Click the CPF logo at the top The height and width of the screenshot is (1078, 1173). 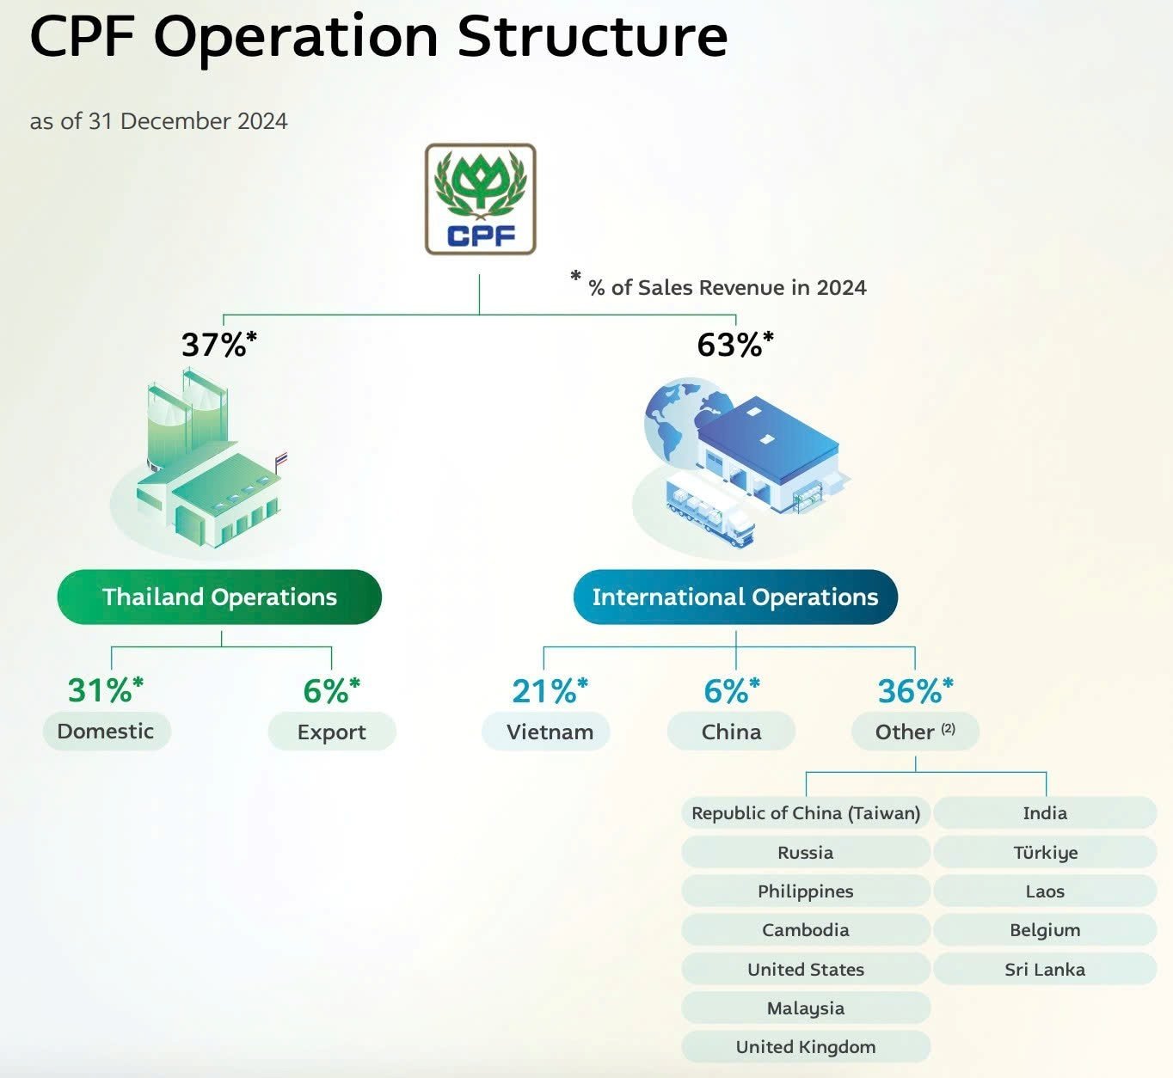click(x=480, y=199)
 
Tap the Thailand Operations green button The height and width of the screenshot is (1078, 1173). click(x=219, y=597)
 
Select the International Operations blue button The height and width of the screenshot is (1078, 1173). click(x=735, y=597)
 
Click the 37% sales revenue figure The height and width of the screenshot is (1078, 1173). click(x=218, y=345)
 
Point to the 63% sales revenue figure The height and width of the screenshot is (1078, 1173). click(x=735, y=345)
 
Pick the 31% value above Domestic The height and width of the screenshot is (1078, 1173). click(x=105, y=689)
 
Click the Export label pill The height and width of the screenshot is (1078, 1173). click(x=332, y=732)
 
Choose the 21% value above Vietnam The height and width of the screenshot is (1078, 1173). click(x=550, y=690)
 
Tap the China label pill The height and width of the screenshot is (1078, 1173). click(x=732, y=732)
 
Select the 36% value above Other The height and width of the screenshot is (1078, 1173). click(x=915, y=690)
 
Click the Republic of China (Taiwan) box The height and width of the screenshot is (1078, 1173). click(x=806, y=812)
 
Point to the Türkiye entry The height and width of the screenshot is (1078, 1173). click(x=1045, y=852)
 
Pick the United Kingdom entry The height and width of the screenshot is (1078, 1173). click(x=806, y=1046)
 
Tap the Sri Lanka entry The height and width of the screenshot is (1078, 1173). click(x=1045, y=969)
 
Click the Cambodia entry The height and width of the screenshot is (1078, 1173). click(x=806, y=929)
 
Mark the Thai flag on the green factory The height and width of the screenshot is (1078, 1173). click(x=281, y=459)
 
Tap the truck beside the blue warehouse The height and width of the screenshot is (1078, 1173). click(x=710, y=510)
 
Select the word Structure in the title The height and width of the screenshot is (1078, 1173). click(x=593, y=37)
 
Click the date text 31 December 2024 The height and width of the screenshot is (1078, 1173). click(x=187, y=121)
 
